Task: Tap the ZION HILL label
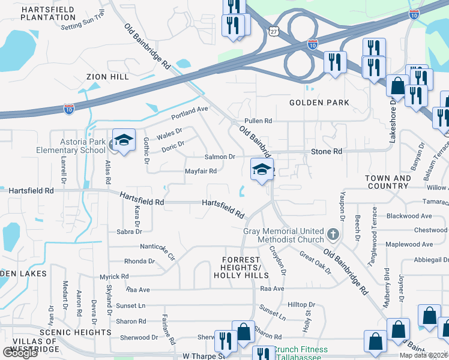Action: [107, 77]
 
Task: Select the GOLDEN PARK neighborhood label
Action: [319, 103]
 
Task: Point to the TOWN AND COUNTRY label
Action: [388, 182]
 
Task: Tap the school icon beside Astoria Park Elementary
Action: [124, 142]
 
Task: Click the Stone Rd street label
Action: [327, 152]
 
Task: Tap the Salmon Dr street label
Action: [220, 157]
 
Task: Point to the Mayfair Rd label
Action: [200, 171]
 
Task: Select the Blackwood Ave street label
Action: [409, 216]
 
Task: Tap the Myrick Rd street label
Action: [114, 277]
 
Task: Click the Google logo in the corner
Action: [20, 353]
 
